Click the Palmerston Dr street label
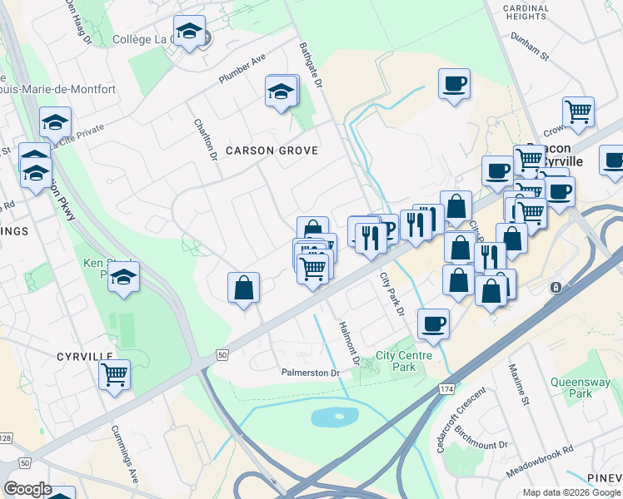coord(311,373)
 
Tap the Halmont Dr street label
coord(347,343)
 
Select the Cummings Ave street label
coord(125,456)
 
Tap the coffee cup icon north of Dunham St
coord(454,84)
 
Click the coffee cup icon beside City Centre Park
coord(432,324)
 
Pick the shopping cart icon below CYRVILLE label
coord(114,373)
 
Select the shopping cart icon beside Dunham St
coord(577,111)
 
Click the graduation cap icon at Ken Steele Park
coord(123,276)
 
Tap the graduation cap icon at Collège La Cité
coord(190,32)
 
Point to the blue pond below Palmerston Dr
coord(333,416)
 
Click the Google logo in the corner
coord(27,489)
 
